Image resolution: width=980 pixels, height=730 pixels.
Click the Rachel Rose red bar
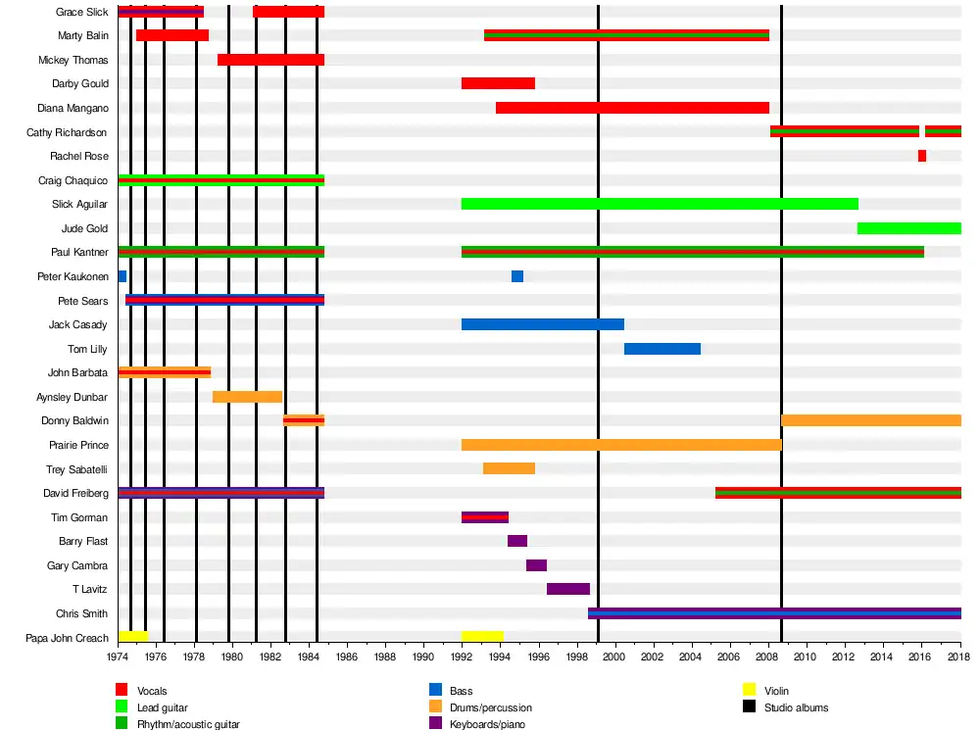click(922, 156)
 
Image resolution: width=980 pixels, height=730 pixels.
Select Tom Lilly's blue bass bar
click(662, 349)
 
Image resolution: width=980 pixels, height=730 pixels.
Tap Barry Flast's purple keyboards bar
click(517, 541)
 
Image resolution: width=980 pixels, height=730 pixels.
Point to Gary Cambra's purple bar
click(536, 565)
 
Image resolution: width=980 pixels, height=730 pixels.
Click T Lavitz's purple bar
click(568, 589)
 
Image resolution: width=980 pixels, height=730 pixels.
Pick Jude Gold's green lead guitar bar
click(909, 228)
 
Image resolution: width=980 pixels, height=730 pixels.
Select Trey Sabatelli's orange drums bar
click(509, 468)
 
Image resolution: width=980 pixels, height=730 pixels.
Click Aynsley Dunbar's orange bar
click(247, 397)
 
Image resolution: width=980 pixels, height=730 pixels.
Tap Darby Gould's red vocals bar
click(498, 83)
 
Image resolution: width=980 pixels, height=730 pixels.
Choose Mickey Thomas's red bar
click(270, 60)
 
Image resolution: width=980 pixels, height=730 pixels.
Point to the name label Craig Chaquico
click(73, 180)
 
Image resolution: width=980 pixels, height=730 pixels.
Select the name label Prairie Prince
click(77, 445)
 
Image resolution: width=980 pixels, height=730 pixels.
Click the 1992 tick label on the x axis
click(462, 657)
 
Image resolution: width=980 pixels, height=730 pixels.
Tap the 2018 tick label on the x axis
click(960, 657)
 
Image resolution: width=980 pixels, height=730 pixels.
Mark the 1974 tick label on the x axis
click(118, 657)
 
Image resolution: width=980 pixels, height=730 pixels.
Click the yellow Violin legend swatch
click(749, 691)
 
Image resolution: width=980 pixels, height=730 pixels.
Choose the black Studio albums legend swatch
click(749, 706)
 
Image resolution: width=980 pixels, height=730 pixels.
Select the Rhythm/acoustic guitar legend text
click(188, 723)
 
